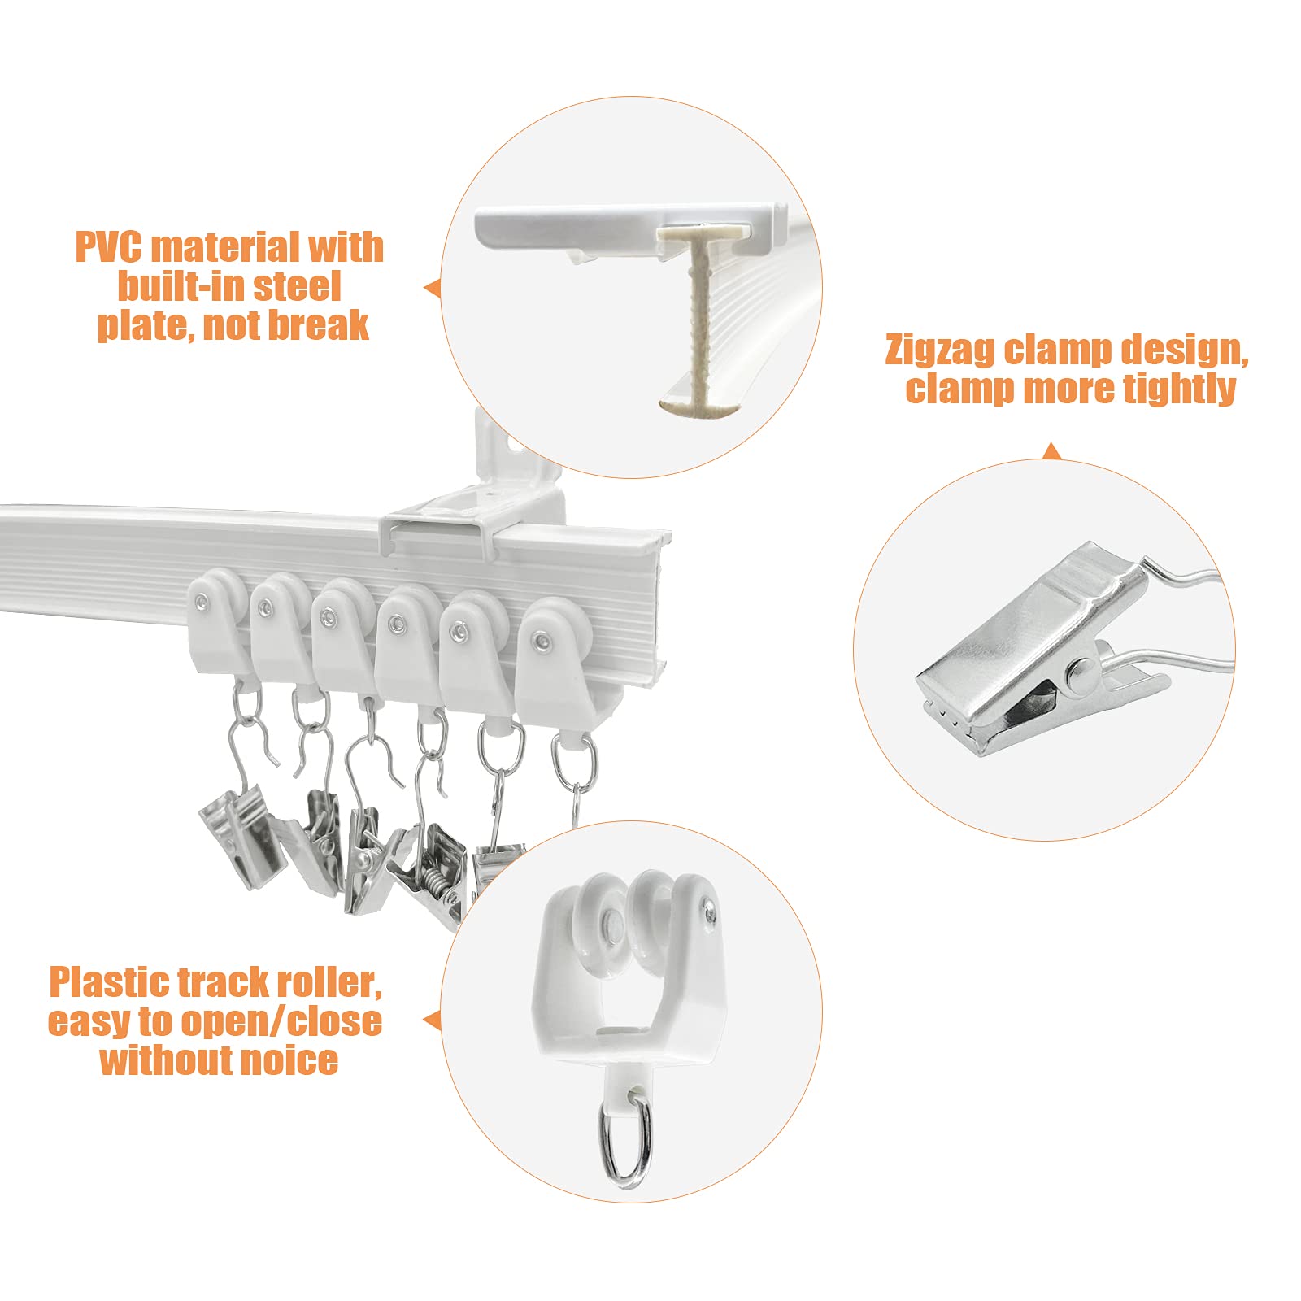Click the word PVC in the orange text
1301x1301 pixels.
[107, 248]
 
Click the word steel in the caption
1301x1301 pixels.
[297, 287]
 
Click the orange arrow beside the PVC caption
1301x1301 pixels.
[432, 288]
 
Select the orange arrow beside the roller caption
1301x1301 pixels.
[432, 1020]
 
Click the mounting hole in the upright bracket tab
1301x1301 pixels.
[515, 446]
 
